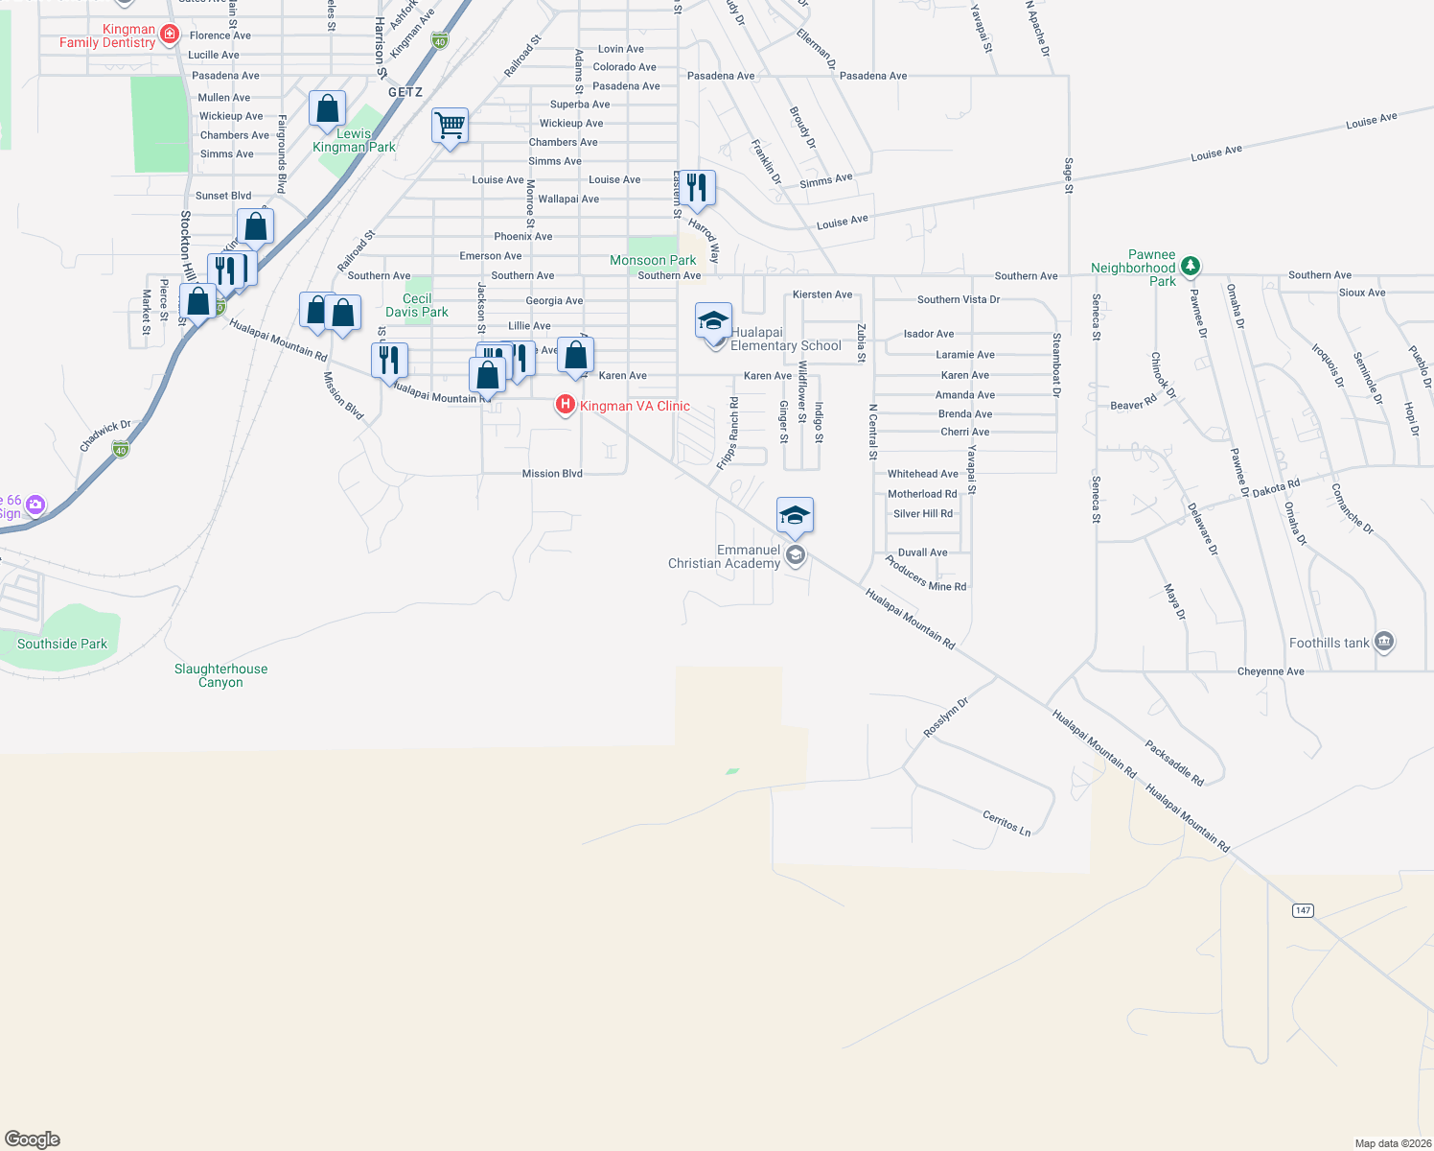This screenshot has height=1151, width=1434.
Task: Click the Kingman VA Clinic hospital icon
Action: (566, 405)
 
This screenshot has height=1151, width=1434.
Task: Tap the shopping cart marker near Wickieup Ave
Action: (450, 126)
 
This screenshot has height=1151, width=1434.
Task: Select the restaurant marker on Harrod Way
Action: (697, 188)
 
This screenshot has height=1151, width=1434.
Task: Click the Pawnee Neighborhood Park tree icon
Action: (1190, 266)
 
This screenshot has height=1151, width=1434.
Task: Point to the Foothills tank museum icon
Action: (1383, 642)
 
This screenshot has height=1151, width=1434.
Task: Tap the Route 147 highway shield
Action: (1303, 910)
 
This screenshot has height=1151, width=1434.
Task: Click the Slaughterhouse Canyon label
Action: (220, 675)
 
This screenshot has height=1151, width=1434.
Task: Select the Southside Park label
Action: (62, 644)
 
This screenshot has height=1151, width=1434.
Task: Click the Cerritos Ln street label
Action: (1006, 823)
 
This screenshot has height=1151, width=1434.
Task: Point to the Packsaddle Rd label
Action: (1174, 763)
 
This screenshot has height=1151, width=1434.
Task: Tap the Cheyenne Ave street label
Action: (1270, 671)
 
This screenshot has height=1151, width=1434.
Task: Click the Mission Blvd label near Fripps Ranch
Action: (552, 474)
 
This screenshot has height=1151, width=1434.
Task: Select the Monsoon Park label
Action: (653, 260)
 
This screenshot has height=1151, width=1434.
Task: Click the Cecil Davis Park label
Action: (417, 305)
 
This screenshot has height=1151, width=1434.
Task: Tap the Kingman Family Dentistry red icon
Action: (170, 35)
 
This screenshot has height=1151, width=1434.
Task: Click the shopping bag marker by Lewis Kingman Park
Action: (327, 109)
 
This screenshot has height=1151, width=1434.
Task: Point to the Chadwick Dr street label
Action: (105, 435)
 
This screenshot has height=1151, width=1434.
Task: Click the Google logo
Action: (33, 1139)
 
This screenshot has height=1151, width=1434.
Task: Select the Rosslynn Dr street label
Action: (946, 717)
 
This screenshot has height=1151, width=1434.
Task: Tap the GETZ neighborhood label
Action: (405, 92)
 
